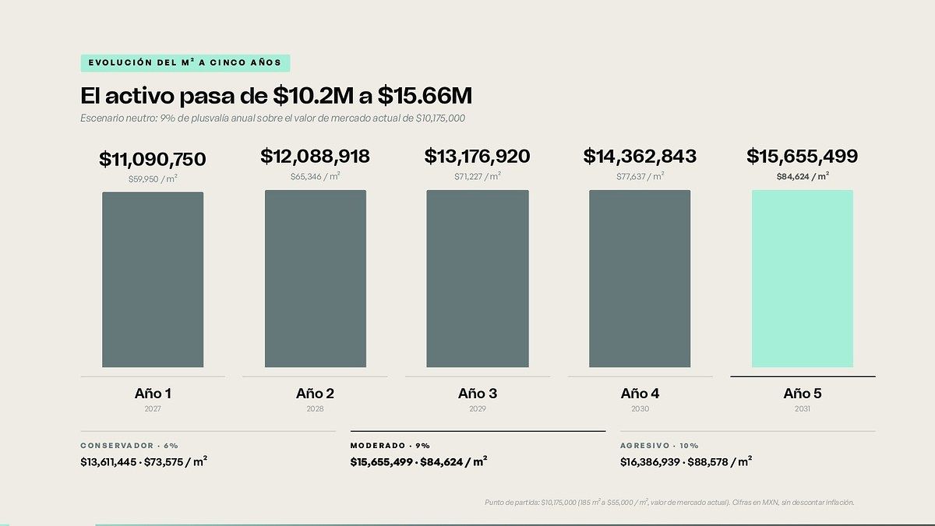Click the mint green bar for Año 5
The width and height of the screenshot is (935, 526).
(x=803, y=279)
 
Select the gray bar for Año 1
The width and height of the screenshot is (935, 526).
(x=153, y=280)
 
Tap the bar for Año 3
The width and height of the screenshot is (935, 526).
(x=478, y=279)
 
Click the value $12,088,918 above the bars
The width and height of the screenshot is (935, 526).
(x=315, y=156)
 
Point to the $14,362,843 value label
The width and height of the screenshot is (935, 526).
(x=640, y=156)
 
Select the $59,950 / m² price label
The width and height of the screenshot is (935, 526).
(x=153, y=179)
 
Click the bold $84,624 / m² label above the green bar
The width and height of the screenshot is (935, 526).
(x=803, y=177)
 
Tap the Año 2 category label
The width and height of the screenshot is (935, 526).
(x=315, y=394)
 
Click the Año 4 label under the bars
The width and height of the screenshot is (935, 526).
(x=640, y=394)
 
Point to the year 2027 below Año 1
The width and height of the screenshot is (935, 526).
(x=153, y=408)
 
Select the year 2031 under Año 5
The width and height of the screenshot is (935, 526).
(x=803, y=408)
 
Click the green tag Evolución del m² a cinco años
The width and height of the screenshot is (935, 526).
(x=185, y=63)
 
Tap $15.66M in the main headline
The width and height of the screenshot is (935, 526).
(x=425, y=96)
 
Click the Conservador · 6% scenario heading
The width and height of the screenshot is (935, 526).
(x=129, y=446)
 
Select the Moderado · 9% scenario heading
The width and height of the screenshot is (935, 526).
(x=390, y=446)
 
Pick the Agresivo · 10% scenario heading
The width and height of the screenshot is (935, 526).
(x=659, y=446)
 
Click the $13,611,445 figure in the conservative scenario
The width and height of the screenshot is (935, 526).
(x=108, y=462)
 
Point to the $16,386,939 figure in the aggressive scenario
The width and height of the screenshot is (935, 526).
(x=650, y=462)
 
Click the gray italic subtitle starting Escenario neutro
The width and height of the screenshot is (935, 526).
(x=273, y=118)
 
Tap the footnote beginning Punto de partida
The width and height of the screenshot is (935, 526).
(x=669, y=502)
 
